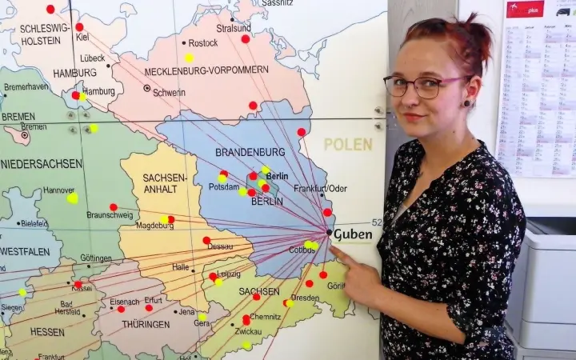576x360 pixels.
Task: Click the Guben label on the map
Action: [x=353, y=234]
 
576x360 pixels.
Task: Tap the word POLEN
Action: [x=348, y=145]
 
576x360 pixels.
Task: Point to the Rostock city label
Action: [x=202, y=43]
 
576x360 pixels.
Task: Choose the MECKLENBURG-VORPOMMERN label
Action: [x=206, y=70]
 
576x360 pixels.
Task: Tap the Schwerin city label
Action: [x=169, y=93]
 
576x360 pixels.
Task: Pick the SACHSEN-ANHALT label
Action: [x=166, y=183]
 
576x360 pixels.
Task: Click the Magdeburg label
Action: [x=154, y=226]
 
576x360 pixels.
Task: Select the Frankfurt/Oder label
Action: [x=320, y=189]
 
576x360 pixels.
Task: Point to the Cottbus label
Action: [x=301, y=250]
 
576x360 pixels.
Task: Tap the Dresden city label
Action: [x=305, y=298]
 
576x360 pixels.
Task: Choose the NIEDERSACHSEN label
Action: [x=42, y=164]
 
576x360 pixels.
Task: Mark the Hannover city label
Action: [x=58, y=190]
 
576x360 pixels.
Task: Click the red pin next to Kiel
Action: [x=79, y=26]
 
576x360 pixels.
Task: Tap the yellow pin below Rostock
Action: [x=189, y=58]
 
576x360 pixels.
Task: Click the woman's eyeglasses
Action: [x=423, y=86]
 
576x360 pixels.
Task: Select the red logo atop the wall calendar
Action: [x=525, y=9]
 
